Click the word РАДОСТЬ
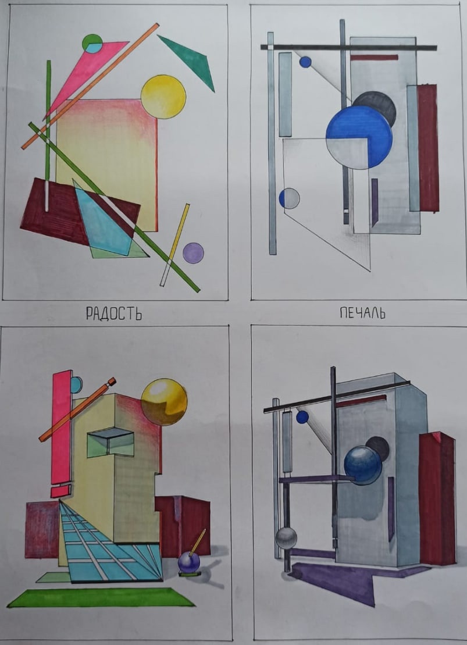click(x=114, y=314)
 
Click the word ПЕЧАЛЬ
click(x=362, y=313)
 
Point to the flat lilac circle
click(x=193, y=253)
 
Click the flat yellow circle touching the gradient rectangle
click(x=163, y=97)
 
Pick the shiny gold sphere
click(x=164, y=402)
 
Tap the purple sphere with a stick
click(x=189, y=562)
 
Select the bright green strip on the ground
click(x=101, y=597)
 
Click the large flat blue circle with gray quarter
click(x=359, y=137)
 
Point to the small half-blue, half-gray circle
click(x=289, y=198)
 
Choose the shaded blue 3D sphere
click(x=363, y=465)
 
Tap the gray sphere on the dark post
click(x=286, y=539)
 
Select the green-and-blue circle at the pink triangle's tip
click(x=92, y=44)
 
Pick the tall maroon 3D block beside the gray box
click(x=437, y=498)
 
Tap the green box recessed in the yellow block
click(x=110, y=443)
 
